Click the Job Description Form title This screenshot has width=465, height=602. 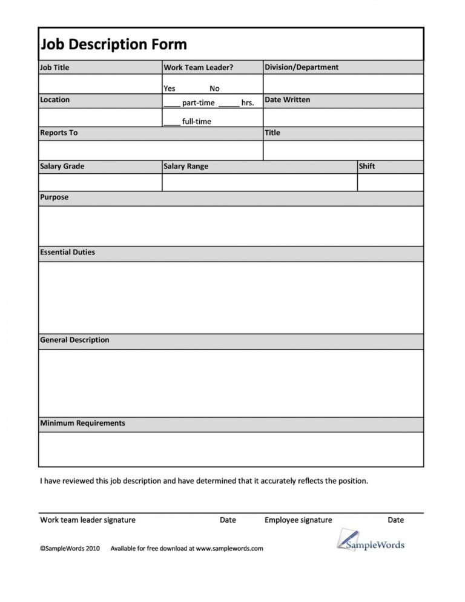(x=113, y=44)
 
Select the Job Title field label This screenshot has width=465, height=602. (x=54, y=67)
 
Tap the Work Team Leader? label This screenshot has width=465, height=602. (x=198, y=67)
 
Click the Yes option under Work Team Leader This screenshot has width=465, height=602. (x=169, y=88)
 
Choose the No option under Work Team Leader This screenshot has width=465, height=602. (x=214, y=88)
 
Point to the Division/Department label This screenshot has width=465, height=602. (x=302, y=67)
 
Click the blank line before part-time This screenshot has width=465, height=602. (x=171, y=104)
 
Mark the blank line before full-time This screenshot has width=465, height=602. (x=171, y=123)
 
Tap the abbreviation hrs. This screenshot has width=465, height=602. (x=247, y=103)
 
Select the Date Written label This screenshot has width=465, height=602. (x=288, y=99)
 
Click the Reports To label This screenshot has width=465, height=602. (x=59, y=133)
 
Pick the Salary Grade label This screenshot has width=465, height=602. (x=62, y=166)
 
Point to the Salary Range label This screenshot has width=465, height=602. (x=185, y=166)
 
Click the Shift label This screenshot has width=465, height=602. (x=367, y=166)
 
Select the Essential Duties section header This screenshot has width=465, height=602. (x=67, y=252)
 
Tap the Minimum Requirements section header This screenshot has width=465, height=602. (x=82, y=423)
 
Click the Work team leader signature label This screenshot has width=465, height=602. (x=88, y=520)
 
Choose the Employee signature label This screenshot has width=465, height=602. (x=298, y=520)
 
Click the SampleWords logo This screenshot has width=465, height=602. (x=370, y=540)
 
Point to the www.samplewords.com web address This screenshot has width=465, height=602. (x=229, y=549)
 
